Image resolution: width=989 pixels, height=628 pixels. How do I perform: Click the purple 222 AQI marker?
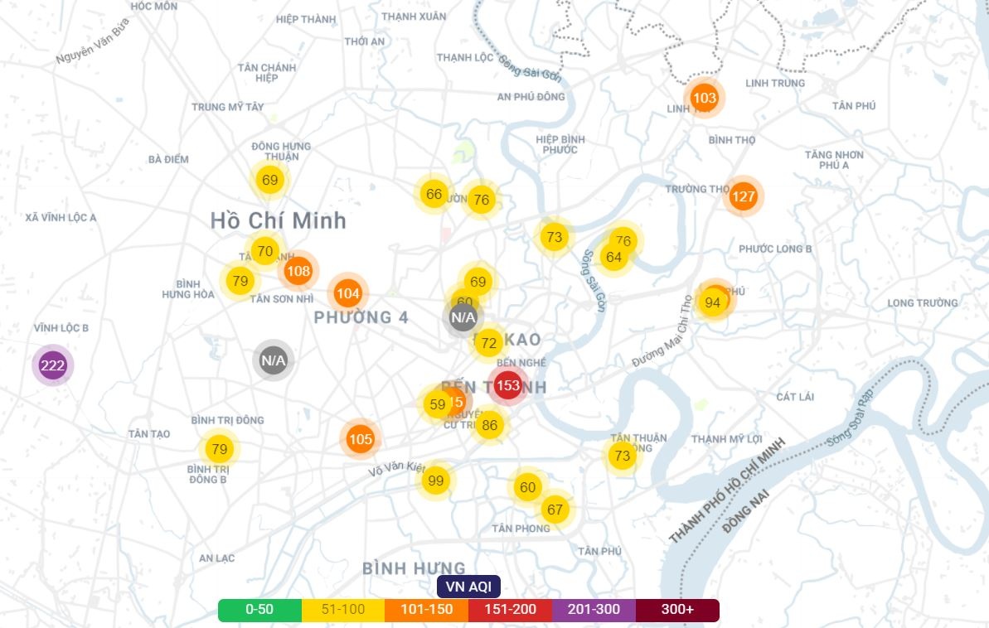[x=53, y=365]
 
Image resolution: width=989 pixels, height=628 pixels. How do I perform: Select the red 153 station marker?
[x=507, y=385]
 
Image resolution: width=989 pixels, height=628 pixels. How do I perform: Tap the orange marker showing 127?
[x=744, y=196]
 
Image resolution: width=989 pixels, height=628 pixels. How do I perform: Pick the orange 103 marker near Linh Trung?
[x=704, y=99]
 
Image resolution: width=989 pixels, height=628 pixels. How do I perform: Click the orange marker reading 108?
[x=298, y=270]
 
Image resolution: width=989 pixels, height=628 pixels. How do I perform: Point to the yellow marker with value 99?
[x=436, y=480]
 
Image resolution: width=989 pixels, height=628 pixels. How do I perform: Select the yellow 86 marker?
[x=490, y=426]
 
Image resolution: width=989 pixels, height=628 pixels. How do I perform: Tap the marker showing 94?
[x=713, y=302]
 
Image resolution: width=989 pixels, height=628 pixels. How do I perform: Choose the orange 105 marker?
[x=361, y=439]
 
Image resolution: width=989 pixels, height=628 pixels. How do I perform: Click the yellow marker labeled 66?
[x=434, y=195]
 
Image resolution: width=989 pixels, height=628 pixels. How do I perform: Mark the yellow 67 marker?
[x=555, y=510]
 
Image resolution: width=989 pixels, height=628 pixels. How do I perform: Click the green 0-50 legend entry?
[x=259, y=610]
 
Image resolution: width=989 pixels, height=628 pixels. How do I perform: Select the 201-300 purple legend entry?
[x=594, y=610]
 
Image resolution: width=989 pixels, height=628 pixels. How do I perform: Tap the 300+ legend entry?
[x=677, y=610]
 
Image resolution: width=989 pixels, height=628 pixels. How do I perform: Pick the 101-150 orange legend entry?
[x=426, y=610]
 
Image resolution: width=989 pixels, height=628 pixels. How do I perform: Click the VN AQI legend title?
[x=468, y=587]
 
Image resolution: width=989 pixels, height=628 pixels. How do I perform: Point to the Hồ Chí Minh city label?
[x=278, y=221]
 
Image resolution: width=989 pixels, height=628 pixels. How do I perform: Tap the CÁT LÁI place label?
[x=795, y=397]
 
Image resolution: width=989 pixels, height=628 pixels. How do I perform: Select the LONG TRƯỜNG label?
[x=923, y=303]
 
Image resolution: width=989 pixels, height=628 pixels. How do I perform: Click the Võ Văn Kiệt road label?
[x=397, y=468]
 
